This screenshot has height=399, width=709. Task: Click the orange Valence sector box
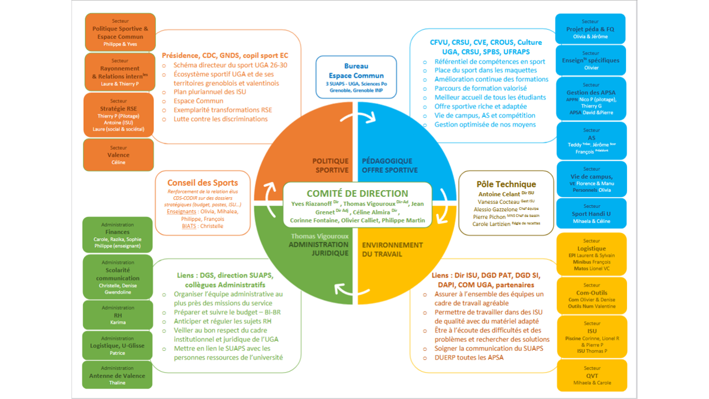[x=118, y=155]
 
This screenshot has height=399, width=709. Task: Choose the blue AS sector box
[x=590, y=141]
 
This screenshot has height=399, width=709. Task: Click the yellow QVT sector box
[x=590, y=375]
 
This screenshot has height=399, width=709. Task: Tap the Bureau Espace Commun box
[x=356, y=75]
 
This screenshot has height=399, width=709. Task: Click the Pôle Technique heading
[x=506, y=184]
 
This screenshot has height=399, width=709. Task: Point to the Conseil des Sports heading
[x=202, y=182]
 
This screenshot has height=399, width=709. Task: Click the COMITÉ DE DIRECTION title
[x=357, y=193]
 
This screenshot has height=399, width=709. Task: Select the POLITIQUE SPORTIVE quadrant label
[x=331, y=166]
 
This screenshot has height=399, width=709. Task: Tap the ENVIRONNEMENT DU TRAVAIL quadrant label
[x=392, y=249]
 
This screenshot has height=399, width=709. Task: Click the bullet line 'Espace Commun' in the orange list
[x=198, y=101]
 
